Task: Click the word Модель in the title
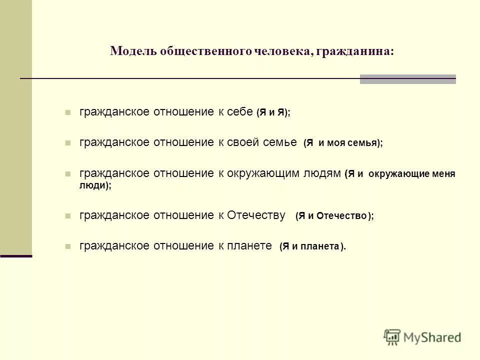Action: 131,51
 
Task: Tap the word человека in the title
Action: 281,51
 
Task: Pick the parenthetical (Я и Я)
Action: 273,113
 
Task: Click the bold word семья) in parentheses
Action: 366,143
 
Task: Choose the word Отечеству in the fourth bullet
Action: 256,215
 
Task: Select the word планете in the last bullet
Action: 250,245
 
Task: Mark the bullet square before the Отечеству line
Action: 68,216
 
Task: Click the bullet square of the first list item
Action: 68,113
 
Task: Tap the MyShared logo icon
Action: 392,337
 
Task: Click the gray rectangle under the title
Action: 407,79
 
